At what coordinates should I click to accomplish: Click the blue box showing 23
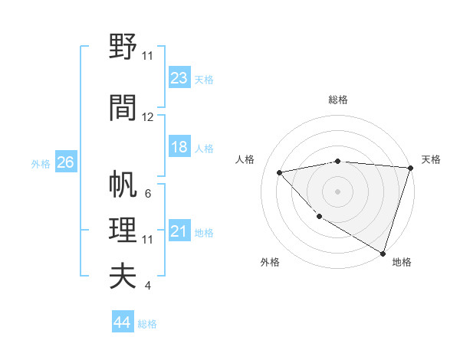pyautogui.click(x=179, y=77)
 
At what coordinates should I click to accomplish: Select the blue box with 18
pyautogui.click(x=179, y=147)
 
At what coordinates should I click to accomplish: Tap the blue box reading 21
pyautogui.click(x=179, y=231)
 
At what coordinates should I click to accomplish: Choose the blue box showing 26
pyautogui.click(x=65, y=162)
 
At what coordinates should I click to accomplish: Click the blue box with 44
pyautogui.click(x=123, y=323)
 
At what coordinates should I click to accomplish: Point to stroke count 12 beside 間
pyautogui.click(x=148, y=117)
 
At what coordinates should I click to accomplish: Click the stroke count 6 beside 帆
pyautogui.click(x=148, y=193)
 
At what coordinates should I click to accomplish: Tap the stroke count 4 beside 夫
pyautogui.click(x=148, y=286)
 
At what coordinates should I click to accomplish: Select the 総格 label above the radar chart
pyautogui.click(x=338, y=100)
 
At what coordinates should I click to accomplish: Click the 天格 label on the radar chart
pyautogui.click(x=431, y=159)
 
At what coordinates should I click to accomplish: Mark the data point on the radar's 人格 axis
pyautogui.click(x=280, y=172)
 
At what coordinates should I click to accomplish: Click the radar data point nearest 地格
pyautogui.click(x=382, y=252)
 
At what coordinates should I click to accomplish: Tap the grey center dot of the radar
pyautogui.click(x=338, y=191)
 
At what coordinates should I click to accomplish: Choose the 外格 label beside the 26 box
pyautogui.click(x=41, y=163)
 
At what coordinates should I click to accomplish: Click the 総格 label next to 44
pyautogui.click(x=147, y=324)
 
